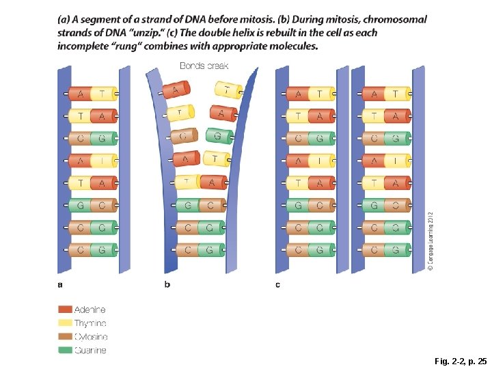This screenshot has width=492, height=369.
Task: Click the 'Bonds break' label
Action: point(204,66)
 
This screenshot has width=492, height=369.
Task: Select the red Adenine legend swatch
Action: point(65,310)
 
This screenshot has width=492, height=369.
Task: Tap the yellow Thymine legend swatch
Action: point(65,323)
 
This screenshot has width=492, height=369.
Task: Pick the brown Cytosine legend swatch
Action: point(65,337)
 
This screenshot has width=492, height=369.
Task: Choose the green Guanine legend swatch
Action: point(65,351)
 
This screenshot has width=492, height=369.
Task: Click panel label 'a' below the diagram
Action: point(60,284)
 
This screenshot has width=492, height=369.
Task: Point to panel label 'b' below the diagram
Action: point(167,284)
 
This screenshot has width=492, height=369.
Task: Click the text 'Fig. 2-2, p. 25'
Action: point(461,360)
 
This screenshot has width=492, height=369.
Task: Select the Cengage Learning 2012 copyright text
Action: point(430,241)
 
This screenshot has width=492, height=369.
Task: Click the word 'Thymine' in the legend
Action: point(90,323)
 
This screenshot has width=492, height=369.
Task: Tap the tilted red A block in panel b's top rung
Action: point(176,90)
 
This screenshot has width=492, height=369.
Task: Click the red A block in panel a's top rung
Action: point(81,94)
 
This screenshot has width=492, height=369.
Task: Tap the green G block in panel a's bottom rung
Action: point(102,250)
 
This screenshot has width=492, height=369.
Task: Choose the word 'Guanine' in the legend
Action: point(90,351)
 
